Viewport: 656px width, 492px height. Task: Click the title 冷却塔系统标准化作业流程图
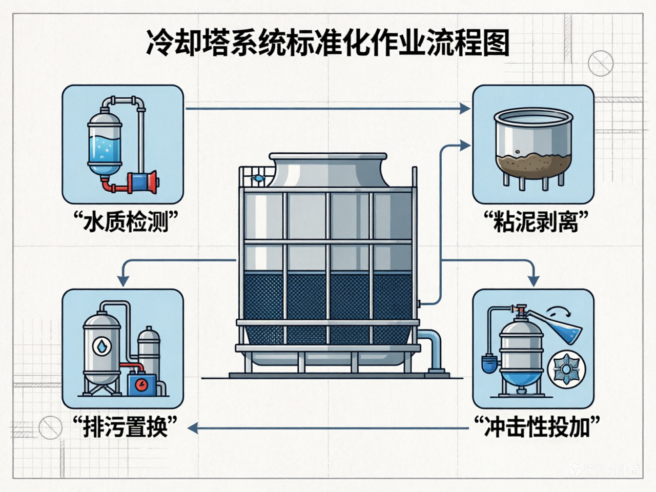[x=328, y=43]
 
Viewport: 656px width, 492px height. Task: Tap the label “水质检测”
[x=125, y=222]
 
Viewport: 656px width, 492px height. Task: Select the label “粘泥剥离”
[x=535, y=222]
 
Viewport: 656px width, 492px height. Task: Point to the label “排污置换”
[x=125, y=426]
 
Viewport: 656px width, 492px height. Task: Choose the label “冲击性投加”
[x=536, y=426]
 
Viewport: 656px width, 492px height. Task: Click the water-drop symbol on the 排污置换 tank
[x=102, y=346]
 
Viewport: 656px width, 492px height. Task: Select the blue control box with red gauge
[x=141, y=384]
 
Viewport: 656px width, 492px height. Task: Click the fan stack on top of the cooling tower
[x=328, y=169]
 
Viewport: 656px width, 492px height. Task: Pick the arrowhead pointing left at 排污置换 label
[x=192, y=427]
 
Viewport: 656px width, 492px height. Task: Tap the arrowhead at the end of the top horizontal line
[x=465, y=108]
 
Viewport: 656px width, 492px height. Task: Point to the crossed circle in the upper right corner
[x=600, y=64]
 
